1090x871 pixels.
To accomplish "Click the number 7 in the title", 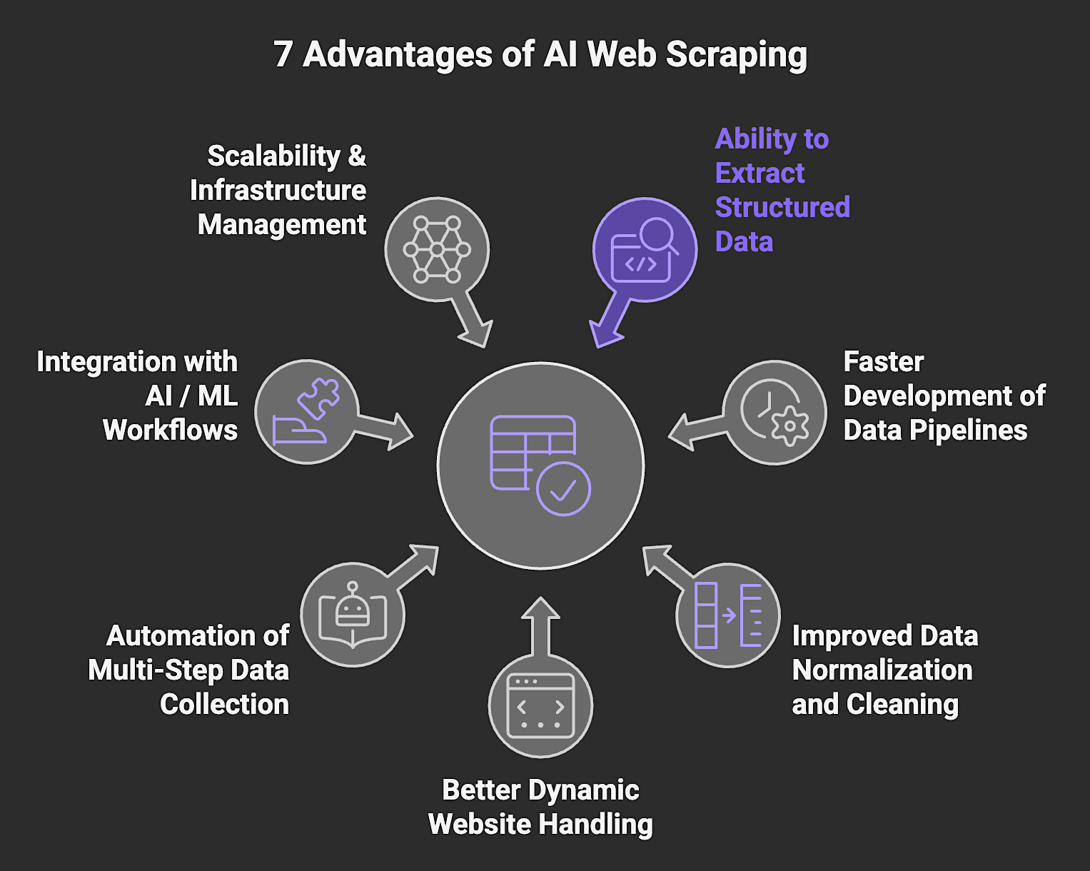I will coord(283,54).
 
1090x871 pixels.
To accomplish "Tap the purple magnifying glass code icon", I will coord(645,249).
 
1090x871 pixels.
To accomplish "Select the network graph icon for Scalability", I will coord(437,249).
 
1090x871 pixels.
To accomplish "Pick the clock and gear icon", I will coord(774,413).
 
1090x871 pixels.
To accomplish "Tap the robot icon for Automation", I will coord(353,615).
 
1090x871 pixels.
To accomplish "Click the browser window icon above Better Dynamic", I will coord(540,705).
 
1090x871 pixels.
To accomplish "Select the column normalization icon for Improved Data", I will coord(728,615).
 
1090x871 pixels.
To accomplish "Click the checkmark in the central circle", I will coord(563,489).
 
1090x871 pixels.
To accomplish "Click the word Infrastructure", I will coord(278,191).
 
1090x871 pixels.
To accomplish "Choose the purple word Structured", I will coord(782,208).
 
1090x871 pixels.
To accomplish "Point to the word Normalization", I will coord(882,670).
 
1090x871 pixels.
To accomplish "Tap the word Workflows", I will coord(170,431).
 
